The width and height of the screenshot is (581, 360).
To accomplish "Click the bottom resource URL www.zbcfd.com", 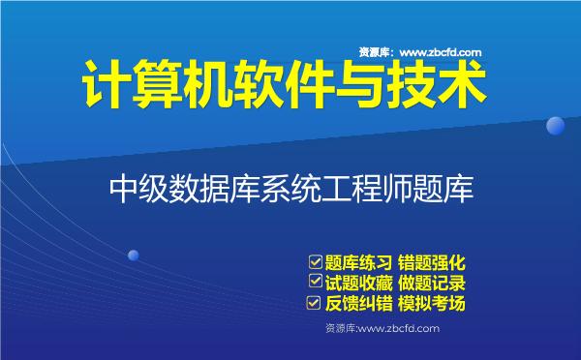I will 398,329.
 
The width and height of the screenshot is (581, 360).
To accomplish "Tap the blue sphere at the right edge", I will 555,125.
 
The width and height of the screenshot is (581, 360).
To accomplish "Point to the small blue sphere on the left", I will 133,255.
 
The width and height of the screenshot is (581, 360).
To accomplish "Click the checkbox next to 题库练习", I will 314,261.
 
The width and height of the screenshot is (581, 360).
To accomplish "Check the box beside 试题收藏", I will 314,282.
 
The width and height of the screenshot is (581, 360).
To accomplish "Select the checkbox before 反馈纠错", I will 314,303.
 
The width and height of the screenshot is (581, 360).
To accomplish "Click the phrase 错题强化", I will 435,262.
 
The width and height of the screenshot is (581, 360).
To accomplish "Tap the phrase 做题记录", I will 435,283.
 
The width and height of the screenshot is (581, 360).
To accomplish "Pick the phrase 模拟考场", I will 435,304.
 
